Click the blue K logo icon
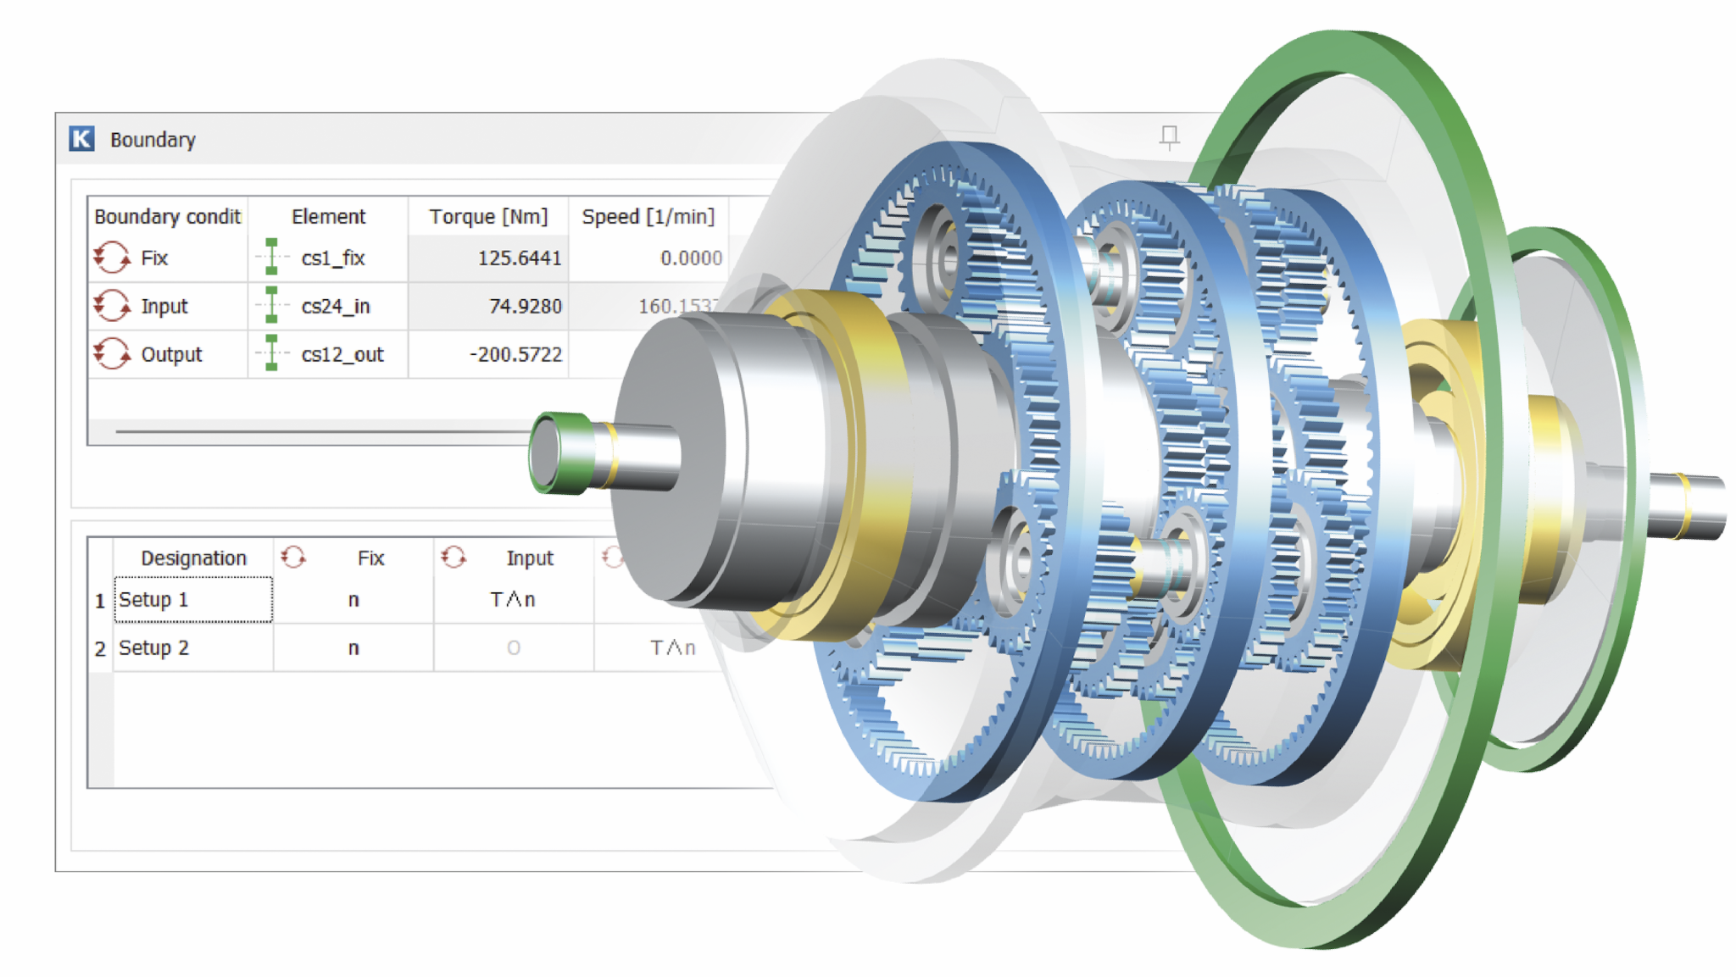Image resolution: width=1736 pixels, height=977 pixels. point(82,139)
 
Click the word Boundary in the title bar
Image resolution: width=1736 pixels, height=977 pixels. point(153,140)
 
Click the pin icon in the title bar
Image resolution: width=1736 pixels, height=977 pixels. point(1169,136)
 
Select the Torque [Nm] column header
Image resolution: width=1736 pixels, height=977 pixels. point(488,217)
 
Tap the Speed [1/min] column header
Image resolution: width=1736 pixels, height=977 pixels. point(648,217)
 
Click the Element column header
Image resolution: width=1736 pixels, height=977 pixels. point(328,217)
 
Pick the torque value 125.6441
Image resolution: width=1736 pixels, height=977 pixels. point(519,258)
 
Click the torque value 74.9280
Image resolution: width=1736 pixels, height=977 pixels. point(525,307)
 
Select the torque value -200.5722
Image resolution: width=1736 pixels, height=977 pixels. point(515,355)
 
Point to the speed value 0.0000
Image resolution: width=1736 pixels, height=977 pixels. point(691,258)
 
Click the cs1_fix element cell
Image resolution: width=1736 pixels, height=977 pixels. point(332,258)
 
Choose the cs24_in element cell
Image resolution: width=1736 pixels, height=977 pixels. point(335,307)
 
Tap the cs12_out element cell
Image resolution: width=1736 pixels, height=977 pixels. point(342,355)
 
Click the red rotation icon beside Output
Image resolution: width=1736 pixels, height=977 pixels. point(112,354)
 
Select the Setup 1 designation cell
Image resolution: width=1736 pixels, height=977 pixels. point(192,600)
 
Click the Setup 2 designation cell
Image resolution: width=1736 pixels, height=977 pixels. point(192,648)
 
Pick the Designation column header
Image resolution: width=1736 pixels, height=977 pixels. point(193,558)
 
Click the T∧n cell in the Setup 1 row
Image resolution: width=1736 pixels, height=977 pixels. point(513,600)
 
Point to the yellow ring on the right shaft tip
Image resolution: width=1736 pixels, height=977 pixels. point(1683,505)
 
